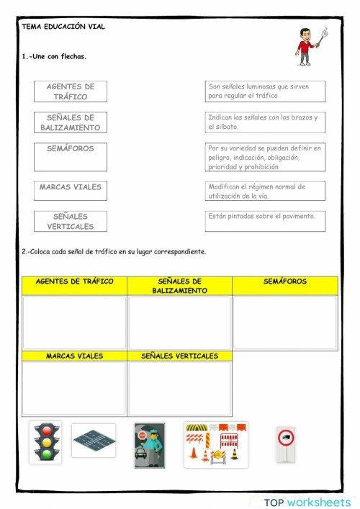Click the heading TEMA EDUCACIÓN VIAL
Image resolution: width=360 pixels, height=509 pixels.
pyautogui.click(x=63, y=27)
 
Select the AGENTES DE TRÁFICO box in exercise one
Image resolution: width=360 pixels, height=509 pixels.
pyautogui.click(x=70, y=91)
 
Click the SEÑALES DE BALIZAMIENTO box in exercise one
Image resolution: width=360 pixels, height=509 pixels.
pyautogui.click(x=70, y=122)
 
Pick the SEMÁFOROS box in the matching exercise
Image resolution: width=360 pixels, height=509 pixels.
pyautogui.click(x=70, y=156)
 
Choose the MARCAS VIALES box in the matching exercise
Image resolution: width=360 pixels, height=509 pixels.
pyautogui.click(x=70, y=190)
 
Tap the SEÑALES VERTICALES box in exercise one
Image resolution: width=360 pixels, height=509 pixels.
pyautogui.click(x=70, y=221)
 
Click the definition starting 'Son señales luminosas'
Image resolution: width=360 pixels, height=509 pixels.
pyautogui.click(x=264, y=91)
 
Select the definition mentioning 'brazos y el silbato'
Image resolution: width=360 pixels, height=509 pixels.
pyautogui.click(x=264, y=122)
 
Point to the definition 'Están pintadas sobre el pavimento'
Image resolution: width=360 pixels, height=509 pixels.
pyautogui.click(x=264, y=221)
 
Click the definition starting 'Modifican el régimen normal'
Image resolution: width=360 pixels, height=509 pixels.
pyautogui.click(x=264, y=191)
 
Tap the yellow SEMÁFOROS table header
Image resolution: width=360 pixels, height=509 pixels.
pyautogui.click(x=284, y=285)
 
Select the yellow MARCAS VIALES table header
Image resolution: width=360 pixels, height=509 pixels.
pyautogui.click(x=74, y=356)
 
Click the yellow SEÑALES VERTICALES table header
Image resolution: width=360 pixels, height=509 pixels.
pyautogui.click(x=179, y=356)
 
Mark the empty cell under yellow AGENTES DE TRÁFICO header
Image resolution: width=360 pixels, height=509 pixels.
pyautogui.click(x=74, y=323)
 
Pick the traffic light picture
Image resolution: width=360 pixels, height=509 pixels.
pyautogui.click(x=45, y=442)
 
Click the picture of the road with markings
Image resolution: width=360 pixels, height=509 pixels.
pyautogui.click(x=93, y=441)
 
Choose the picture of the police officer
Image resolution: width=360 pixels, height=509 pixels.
pyautogui.click(x=149, y=445)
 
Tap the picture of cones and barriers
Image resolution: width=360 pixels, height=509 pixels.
pyautogui.click(x=215, y=444)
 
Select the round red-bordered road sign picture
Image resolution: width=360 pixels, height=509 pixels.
pyautogui.click(x=285, y=444)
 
